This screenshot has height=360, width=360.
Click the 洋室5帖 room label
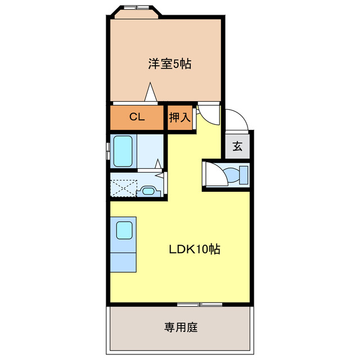coord(169,64)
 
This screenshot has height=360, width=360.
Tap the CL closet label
coord(137,117)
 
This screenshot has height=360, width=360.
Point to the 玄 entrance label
coord(237,147)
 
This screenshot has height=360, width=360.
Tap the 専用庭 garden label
coord(181,327)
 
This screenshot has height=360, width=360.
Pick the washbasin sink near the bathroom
coord(147,191)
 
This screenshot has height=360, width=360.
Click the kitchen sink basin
coord(124,230)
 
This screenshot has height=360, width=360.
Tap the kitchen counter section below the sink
coord(123,261)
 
